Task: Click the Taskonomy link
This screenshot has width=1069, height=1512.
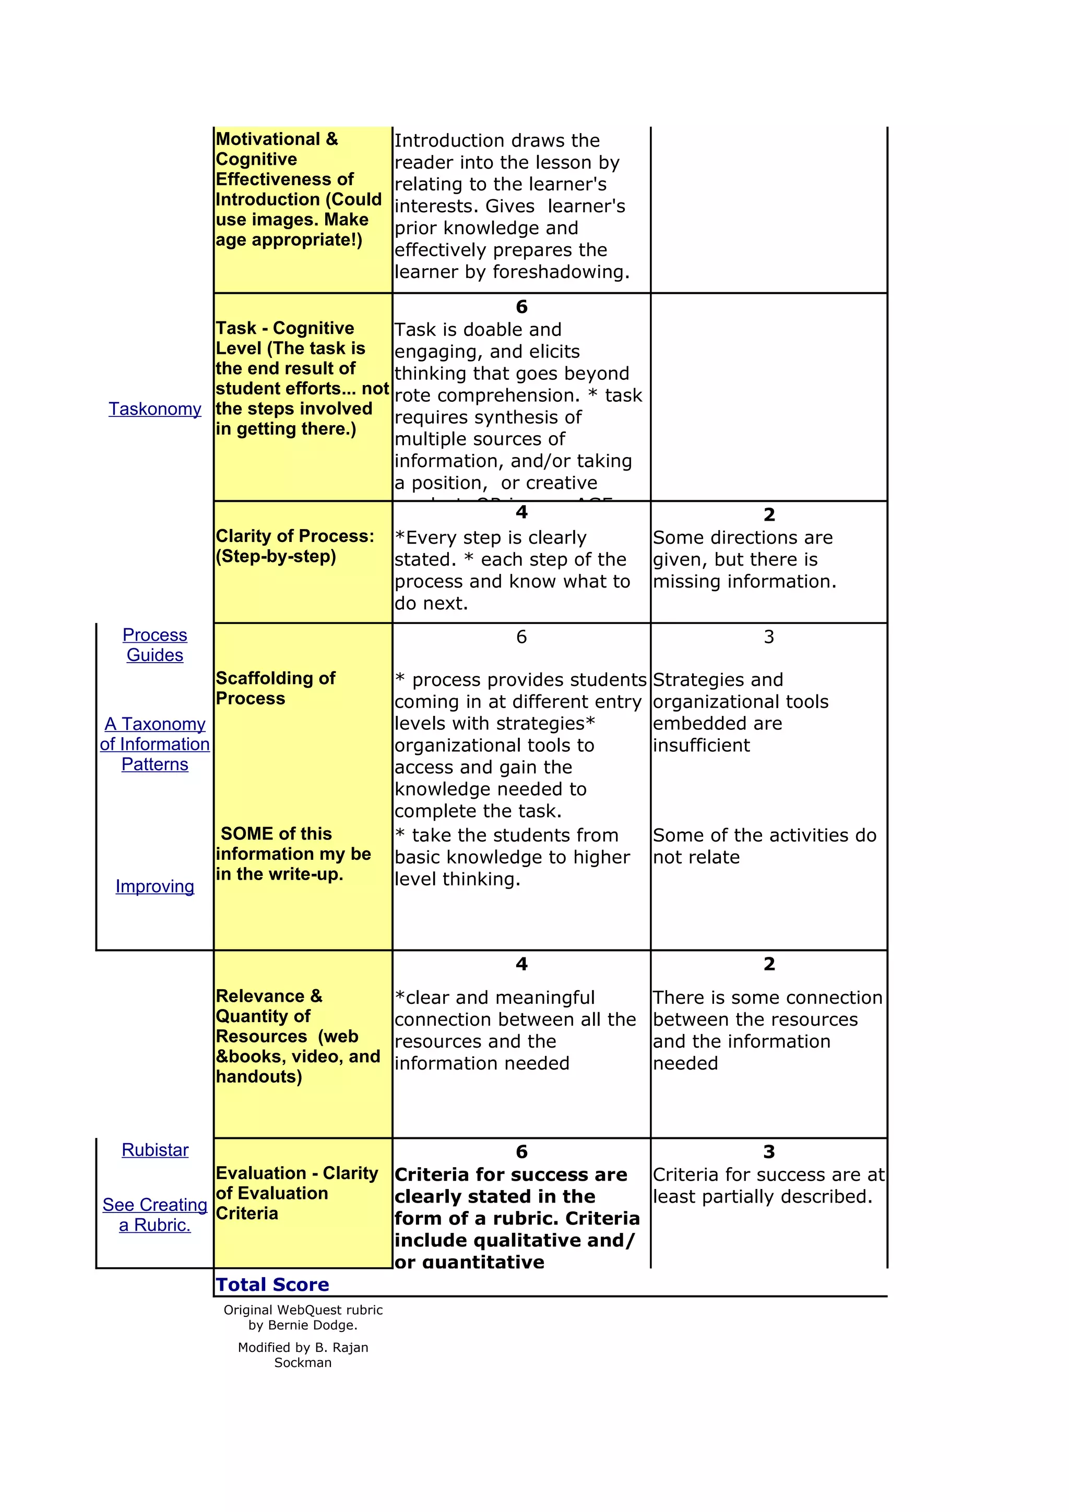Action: pos(155,409)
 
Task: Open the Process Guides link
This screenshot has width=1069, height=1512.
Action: pos(155,645)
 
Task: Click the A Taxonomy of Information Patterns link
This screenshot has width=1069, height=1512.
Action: pos(155,744)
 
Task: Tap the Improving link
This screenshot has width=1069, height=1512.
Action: pos(155,886)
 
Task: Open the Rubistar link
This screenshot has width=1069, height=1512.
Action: pos(155,1150)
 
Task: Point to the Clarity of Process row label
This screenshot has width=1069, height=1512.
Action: pos(294,546)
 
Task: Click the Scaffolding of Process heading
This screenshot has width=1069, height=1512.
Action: pos(275,688)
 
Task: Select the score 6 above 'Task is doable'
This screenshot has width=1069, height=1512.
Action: pos(521,307)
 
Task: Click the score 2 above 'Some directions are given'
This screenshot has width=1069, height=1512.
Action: pos(769,514)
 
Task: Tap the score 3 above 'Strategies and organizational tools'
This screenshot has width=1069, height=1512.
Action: pos(769,637)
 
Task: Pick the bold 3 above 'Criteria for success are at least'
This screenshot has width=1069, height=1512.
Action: pos(769,1152)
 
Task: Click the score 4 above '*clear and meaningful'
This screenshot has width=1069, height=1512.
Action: pos(521,964)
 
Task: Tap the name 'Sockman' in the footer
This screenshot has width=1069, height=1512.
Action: pos(302,1362)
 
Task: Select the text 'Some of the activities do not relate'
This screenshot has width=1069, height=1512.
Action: pos(764,846)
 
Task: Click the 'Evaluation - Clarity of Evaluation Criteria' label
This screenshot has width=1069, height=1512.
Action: pos(296,1193)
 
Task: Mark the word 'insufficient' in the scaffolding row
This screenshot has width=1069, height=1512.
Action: pos(701,746)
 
